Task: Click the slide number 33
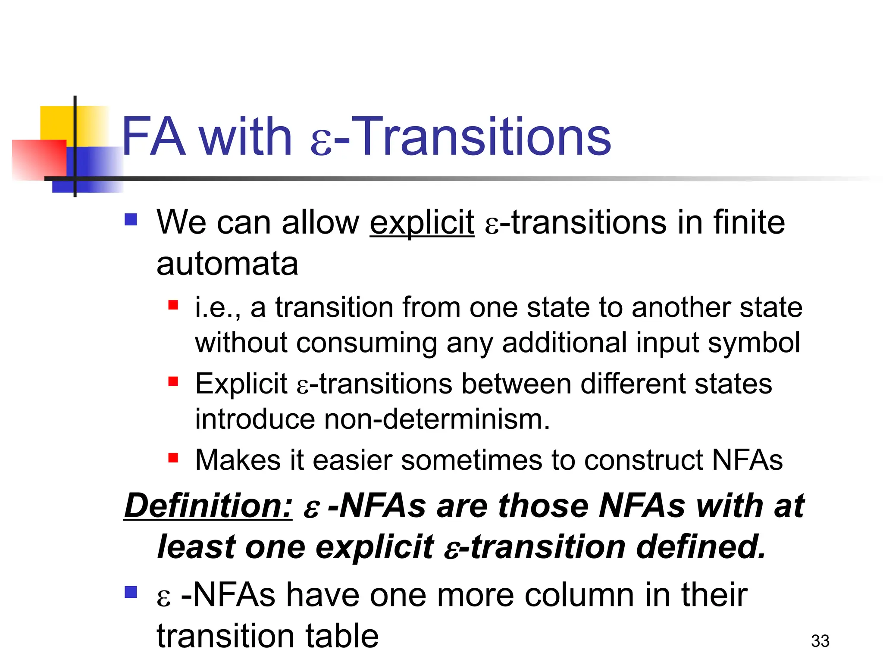820,641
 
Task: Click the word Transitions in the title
484,137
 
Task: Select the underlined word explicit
422,223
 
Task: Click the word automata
227,264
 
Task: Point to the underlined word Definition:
208,505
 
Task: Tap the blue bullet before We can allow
131,220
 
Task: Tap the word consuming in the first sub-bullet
366,343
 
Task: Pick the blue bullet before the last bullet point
131,592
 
